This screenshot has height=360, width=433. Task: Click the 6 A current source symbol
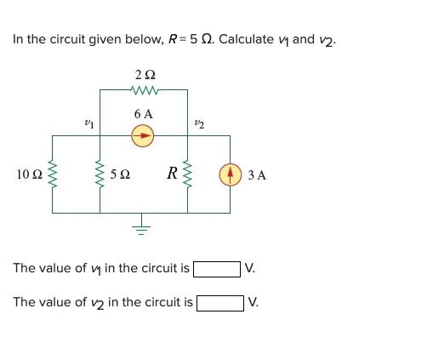[x=143, y=134]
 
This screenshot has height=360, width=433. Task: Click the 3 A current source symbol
[x=230, y=174]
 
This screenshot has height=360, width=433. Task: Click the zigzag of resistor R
[x=187, y=174]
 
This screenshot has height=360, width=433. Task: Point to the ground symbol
[x=143, y=226]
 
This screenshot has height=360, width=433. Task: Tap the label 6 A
[x=143, y=113]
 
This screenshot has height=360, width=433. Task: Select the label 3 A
[x=257, y=175]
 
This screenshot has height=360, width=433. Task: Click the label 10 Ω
[x=28, y=175]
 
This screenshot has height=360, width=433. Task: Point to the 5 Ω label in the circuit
[x=121, y=175]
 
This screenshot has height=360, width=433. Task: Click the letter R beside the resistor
[x=172, y=174]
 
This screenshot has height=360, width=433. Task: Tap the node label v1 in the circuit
[x=89, y=124]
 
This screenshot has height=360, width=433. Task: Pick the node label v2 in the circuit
[x=198, y=124]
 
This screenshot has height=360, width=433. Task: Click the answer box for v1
[x=216, y=269]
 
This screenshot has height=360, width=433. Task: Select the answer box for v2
[x=219, y=302]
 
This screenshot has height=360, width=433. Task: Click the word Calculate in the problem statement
[x=245, y=39]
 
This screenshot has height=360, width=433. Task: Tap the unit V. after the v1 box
[x=250, y=269]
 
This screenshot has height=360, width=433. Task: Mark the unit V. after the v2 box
[x=254, y=302]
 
